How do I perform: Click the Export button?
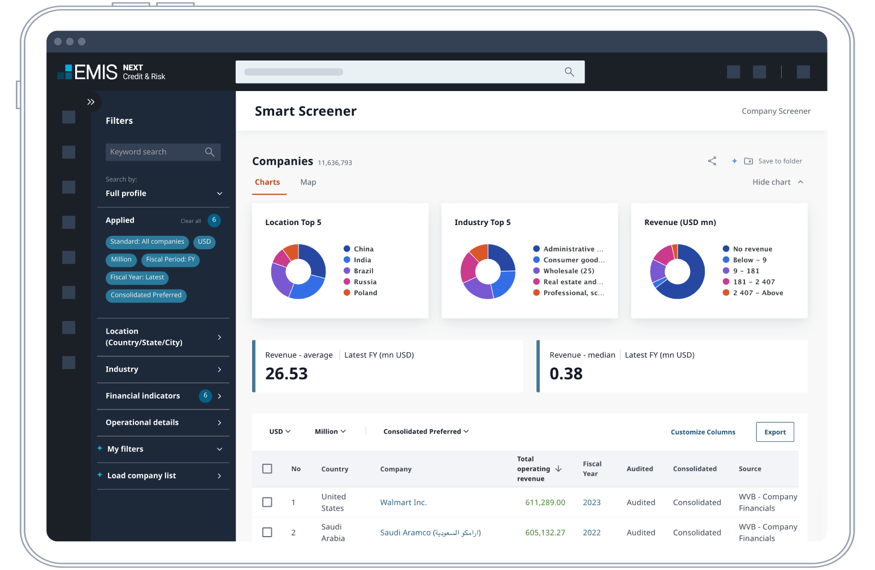coord(774,432)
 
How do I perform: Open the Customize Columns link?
coord(703,432)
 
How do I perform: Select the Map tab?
coord(308,182)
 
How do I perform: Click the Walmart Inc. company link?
coord(403,503)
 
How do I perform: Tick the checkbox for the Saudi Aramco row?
coord(267,532)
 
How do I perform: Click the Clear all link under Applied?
coord(190,221)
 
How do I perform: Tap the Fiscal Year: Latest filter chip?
coord(137,278)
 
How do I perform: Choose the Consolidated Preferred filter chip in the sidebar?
coord(146,295)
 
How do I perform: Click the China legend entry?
coord(363,249)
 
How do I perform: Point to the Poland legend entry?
coord(365,293)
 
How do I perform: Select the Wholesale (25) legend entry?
coord(568,271)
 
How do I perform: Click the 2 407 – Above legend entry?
coord(757,293)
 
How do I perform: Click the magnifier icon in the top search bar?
coord(569,72)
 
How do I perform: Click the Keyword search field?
coord(155,152)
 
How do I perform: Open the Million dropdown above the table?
coord(330,431)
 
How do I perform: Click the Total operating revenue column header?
coord(533,469)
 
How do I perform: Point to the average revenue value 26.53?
coord(287,374)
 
